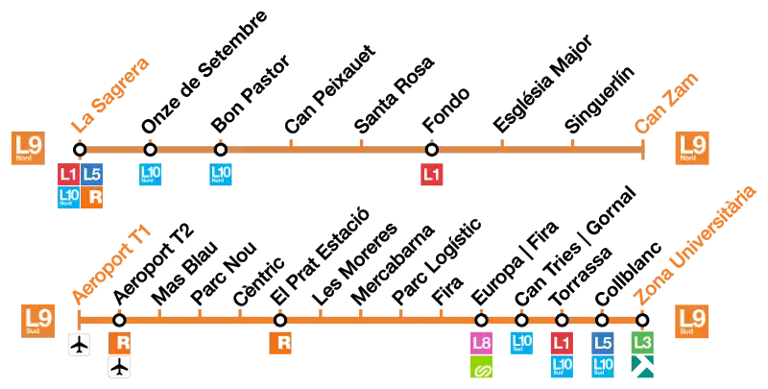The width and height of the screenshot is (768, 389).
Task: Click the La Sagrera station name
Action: [x=110, y=95]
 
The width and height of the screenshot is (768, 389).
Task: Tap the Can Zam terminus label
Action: [x=666, y=104]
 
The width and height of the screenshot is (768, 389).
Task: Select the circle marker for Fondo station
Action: [x=431, y=149]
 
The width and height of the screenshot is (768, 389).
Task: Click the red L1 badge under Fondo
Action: [x=431, y=175]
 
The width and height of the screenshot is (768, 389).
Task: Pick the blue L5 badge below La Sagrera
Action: [x=91, y=175]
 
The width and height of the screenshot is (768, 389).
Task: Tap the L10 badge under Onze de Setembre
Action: [x=151, y=175]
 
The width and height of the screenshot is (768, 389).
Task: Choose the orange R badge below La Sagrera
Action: [x=91, y=198]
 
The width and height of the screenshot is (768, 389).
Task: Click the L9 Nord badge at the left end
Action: [x=29, y=148]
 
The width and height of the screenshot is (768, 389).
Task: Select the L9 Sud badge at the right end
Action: [x=691, y=321]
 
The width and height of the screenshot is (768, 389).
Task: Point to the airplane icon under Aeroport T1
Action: [x=80, y=345]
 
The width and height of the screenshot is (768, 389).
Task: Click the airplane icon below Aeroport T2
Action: [x=119, y=367]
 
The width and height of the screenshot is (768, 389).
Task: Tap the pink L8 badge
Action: [x=481, y=343]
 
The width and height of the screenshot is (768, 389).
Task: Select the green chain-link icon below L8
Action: [x=481, y=367]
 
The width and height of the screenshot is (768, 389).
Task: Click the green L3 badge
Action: [x=642, y=343]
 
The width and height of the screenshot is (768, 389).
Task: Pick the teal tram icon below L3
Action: [x=642, y=367]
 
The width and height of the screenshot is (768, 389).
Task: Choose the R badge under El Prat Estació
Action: [x=280, y=343]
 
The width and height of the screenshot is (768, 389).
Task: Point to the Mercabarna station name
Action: [x=393, y=264]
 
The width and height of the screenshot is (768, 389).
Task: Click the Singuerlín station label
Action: [x=599, y=99]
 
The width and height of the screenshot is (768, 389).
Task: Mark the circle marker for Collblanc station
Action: [x=602, y=321]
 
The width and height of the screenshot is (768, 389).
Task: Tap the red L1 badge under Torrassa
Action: [x=562, y=343]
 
